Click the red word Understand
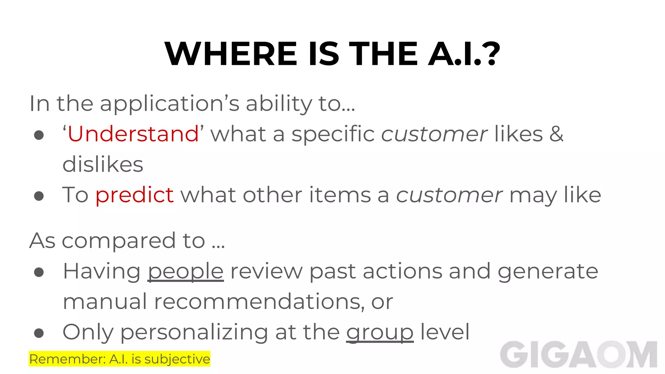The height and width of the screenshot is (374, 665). coord(133,134)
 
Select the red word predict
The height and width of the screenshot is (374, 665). coord(134,195)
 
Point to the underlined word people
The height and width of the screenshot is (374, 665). coord(186,272)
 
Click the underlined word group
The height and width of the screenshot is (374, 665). coord(380,333)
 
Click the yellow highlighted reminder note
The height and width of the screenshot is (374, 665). coord(119,359)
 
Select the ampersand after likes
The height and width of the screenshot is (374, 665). coord(556,134)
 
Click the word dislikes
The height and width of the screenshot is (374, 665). coord(103,164)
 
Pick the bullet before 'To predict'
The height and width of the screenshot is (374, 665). coord(39,196)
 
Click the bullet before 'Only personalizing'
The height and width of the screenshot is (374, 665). coord(39,333)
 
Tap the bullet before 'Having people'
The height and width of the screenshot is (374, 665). coord(39,272)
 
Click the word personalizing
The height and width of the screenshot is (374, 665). coord(194,333)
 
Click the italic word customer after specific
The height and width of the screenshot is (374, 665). coord(434,134)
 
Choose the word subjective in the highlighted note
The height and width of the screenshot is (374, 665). coord(177,359)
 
